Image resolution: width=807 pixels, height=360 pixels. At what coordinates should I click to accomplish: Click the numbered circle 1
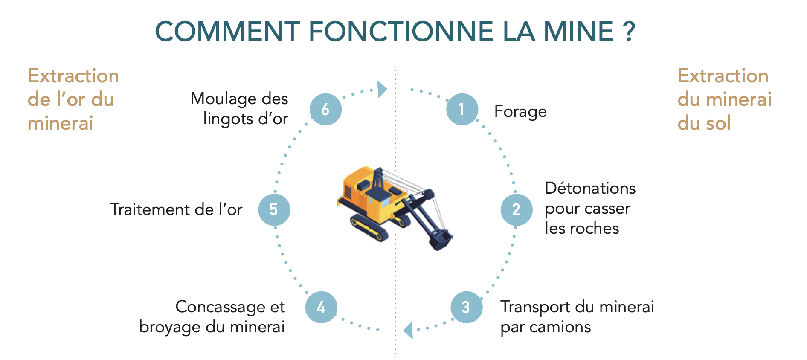(462, 109)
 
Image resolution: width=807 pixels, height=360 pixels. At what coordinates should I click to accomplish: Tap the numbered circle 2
(517, 209)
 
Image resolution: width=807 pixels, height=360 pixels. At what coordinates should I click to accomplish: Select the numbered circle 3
(466, 307)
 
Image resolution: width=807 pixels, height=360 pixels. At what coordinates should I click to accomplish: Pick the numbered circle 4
(321, 307)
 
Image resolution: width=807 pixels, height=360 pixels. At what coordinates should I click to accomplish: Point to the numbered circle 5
(274, 209)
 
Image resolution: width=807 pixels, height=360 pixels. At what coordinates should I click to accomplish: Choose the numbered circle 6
(325, 109)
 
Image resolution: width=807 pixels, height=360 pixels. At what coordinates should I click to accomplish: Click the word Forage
(520, 112)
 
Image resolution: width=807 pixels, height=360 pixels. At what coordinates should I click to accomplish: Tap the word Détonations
(590, 188)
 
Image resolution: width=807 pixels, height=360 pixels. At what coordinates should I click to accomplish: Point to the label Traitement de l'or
(176, 209)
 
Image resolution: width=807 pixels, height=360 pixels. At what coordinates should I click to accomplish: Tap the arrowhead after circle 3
(408, 330)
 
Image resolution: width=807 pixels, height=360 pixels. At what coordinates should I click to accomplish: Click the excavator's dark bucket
(441, 239)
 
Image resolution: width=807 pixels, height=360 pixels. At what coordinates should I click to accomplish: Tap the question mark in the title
(629, 31)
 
